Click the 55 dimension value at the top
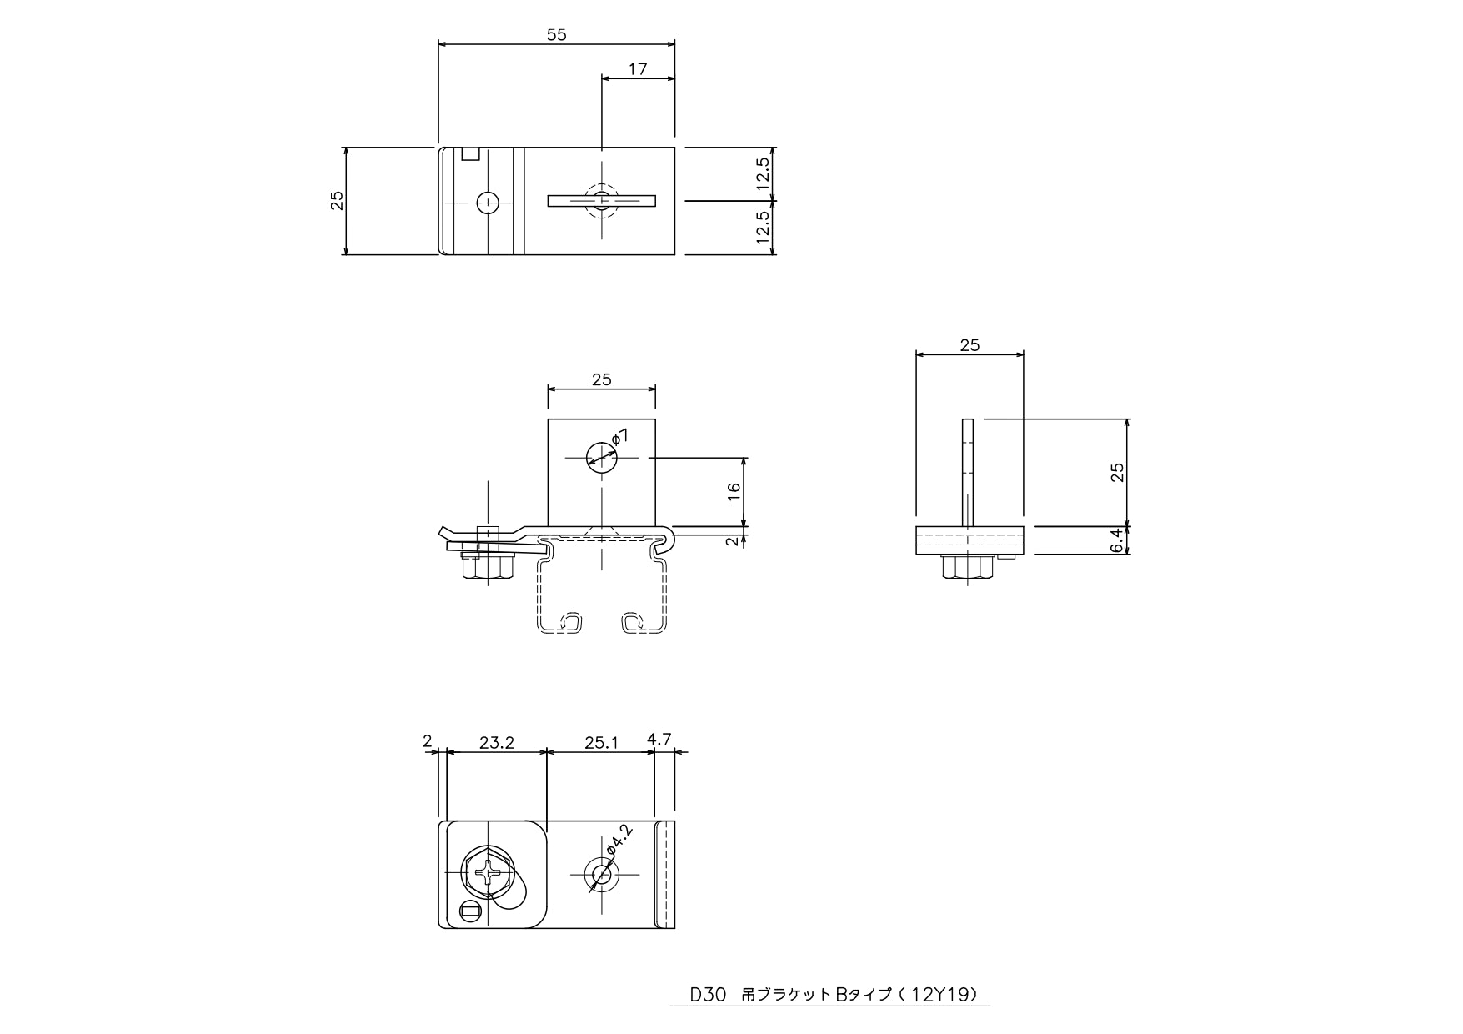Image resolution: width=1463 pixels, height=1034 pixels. (x=556, y=34)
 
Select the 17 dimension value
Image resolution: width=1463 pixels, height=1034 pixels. (x=638, y=69)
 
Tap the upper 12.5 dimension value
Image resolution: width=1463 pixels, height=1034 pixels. (x=764, y=174)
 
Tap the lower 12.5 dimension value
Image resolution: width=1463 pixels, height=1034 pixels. (x=764, y=227)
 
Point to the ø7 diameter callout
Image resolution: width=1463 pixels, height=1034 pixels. (x=620, y=436)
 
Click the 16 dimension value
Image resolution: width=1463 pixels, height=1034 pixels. (x=734, y=492)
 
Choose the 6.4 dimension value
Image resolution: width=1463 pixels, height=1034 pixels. (x=1119, y=540)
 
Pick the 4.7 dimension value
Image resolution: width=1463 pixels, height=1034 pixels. (x=659, y=739)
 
